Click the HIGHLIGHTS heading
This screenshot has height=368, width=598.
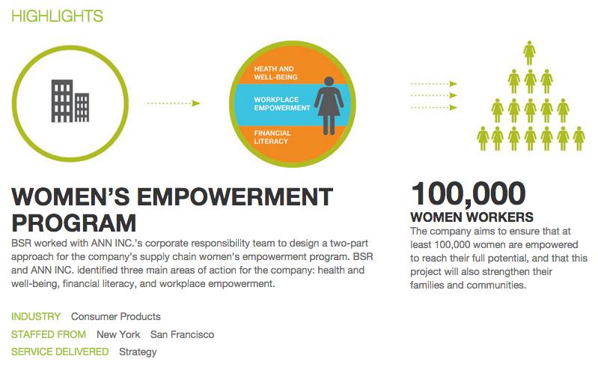[57, 16]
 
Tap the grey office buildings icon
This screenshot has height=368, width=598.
[70, 100]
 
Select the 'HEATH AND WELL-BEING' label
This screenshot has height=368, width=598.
[275, 73]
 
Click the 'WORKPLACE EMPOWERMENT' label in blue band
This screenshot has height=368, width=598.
[282, 104]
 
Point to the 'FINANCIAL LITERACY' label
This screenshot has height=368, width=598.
[272, 137]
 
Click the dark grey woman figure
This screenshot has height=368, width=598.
[329, 106]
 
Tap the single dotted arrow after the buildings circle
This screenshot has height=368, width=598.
[174, 103]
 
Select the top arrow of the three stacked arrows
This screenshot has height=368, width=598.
[434, 84]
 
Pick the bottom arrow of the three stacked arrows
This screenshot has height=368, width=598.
[434, 108]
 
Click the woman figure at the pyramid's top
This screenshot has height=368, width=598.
[529, 53]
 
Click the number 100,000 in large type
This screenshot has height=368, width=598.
[469, 193]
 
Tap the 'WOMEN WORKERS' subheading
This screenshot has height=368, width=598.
[472, 217]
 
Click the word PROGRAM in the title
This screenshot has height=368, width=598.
[73, 223]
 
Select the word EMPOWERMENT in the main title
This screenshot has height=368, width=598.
[235, 197]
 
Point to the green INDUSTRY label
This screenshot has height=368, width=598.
[36, 316]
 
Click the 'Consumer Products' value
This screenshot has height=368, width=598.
[116, 316]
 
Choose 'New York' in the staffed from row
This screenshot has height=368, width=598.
[118, 334]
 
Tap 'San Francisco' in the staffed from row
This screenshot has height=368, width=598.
[183, 334]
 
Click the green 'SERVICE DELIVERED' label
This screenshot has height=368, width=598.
[60, 352]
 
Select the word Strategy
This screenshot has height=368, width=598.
[138, 352]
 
